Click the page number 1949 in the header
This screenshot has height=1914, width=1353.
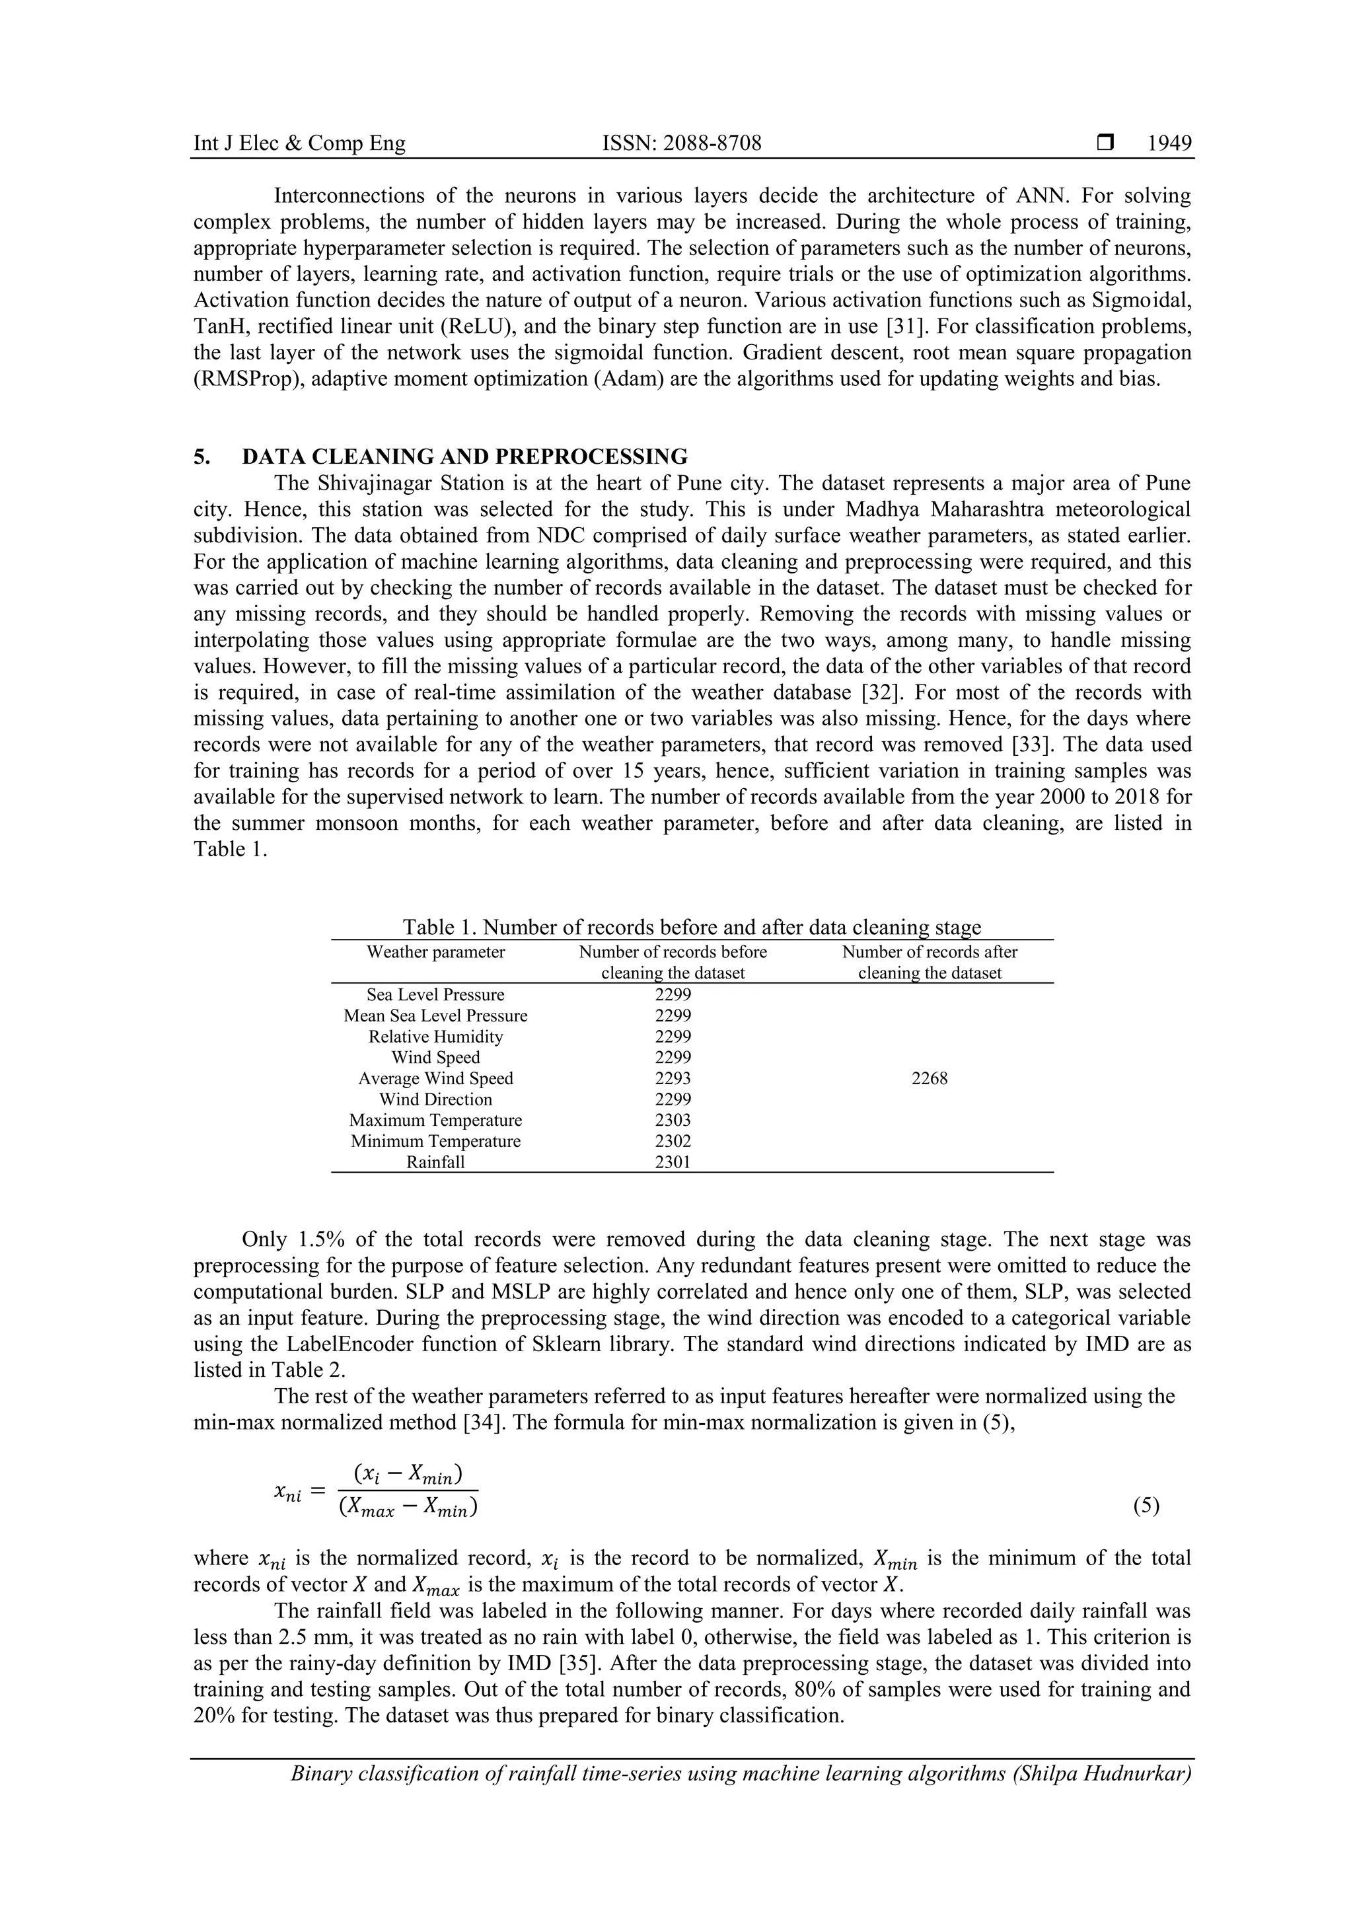(x=1169, y=143)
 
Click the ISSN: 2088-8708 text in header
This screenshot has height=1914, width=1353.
(x=681, y=143)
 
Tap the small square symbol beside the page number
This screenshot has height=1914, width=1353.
(x=1105, y=143)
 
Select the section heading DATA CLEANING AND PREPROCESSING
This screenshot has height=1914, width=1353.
(x=464, y=457)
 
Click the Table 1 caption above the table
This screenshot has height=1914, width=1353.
(x=692, y=927)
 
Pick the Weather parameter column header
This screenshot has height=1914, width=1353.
(x=435, y=952)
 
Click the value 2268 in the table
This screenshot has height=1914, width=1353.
(x=929, y=1079)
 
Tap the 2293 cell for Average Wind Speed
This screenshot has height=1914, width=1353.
(x=672, y=1079)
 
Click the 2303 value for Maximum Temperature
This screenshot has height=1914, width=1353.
(x=672, y=1121)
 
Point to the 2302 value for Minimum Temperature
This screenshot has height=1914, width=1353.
(x=672, y=1141)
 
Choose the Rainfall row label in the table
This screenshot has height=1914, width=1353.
(x=435, y=1162)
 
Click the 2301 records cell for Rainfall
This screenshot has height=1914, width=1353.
(x=672, y=1162)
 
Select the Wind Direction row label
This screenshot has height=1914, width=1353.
(x=435, y=1099)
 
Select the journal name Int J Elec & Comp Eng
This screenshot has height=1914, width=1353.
(x=299, y=143)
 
